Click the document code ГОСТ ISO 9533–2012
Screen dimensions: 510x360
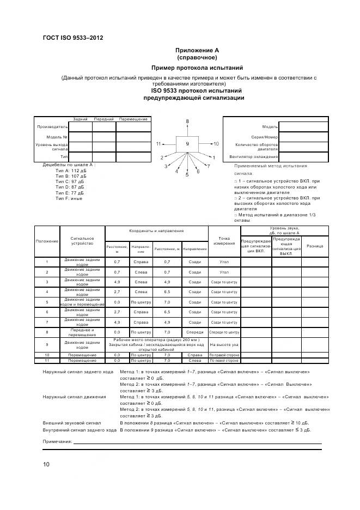click(x=72, y=38)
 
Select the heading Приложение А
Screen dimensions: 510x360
click(x=197, y=50)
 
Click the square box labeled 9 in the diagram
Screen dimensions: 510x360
click(x=187, y=144)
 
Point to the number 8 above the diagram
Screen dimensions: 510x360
click(x=187, y=120)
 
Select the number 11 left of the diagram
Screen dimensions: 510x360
click(x=159, y=144)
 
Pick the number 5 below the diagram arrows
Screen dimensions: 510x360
click(x=187, y=174)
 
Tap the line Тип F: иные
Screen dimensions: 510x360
click(x=68, y=198)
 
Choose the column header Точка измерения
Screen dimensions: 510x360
click(x=224, y=240)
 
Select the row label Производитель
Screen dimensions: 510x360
click(x=52, y=126)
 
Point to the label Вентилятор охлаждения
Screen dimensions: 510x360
click(x=255, y=157)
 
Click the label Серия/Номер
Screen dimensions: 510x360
click(x=264, y=137)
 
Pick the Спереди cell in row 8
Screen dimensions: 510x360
click(x=194, y=331)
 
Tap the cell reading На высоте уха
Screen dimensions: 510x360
click(x=224, y=344)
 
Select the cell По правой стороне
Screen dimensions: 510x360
click(x=224, y=355)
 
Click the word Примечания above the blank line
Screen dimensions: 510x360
click(x=58, y=441)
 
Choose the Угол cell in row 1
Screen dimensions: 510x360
click(x=224, y=262)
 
